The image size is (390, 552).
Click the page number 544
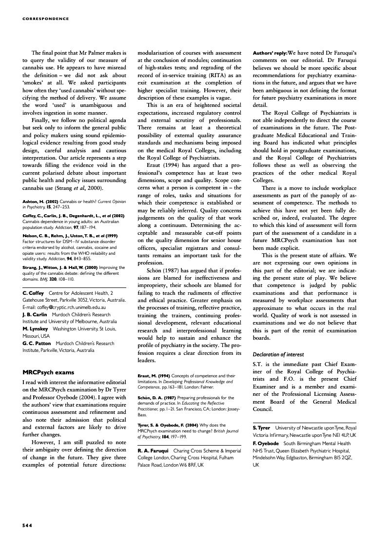pos(27,525)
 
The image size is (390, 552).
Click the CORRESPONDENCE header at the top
pos(46,19)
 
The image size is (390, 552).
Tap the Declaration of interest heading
pos(277,354)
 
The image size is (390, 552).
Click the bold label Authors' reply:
pos(270,52)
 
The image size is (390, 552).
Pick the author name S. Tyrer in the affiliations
pos(261,428)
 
